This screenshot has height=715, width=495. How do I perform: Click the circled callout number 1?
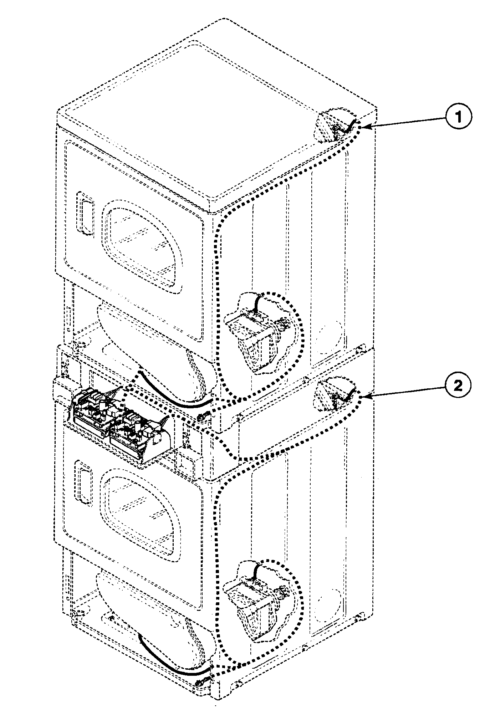[x=458, y=117]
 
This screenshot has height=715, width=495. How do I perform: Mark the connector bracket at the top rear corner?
[x=333, y=125]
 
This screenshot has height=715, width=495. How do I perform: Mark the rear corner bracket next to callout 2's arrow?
[x=333, y=394]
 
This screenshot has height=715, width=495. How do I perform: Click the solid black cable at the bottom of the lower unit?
[x=171, y=665]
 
